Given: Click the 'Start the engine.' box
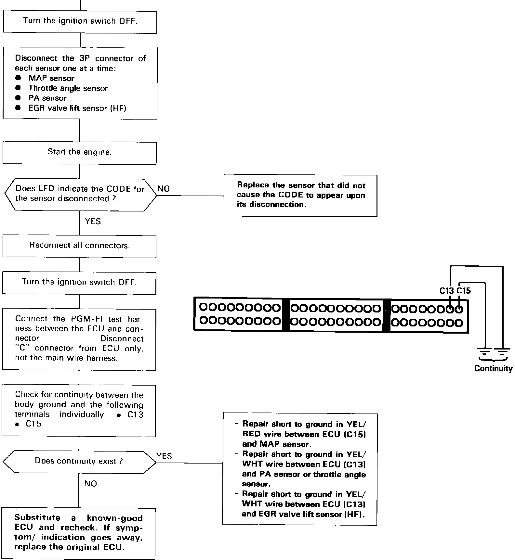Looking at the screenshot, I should [80, 152].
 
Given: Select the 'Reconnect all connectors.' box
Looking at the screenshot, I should [80, 246].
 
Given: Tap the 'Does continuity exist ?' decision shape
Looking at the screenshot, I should [79, 461].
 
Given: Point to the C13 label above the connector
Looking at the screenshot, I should [447, 291].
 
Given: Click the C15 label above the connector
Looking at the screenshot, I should [464, 291].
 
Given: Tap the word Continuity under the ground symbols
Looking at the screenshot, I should [493, 368].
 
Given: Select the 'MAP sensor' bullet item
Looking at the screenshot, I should [51, 78].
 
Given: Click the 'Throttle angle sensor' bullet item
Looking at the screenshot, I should [68, 88].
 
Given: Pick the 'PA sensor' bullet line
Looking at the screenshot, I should [47, 98].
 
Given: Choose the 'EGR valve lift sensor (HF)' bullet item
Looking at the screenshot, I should [77, 108].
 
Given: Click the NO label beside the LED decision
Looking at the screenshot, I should [164, 189].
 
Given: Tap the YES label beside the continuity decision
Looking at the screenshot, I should [164, 456].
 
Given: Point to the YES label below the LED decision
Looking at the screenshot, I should [93, 222].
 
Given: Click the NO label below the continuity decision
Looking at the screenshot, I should [90, 484].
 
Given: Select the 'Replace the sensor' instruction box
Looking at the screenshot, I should [301, 195].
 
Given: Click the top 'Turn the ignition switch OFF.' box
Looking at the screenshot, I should [80, 21].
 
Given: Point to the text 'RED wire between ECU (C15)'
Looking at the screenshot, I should [305, 434].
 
